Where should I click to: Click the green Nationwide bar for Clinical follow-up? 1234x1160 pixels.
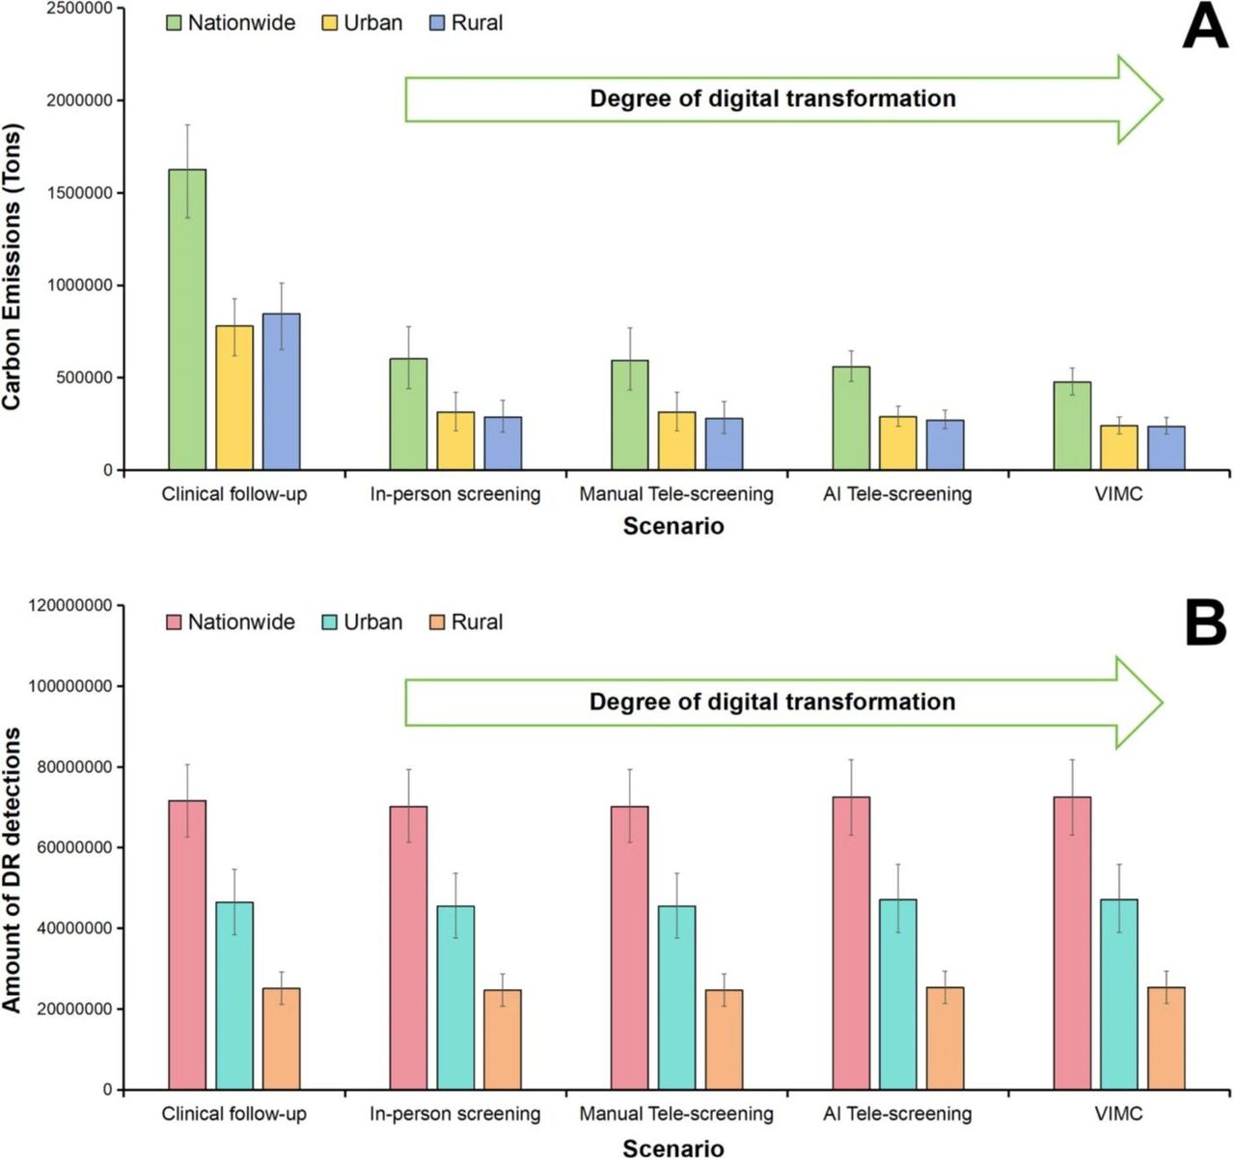[x=186, y=319]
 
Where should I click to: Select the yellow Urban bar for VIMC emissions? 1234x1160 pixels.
[x=1118, y=448]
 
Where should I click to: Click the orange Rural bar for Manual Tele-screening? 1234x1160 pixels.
[x=724, y=1039]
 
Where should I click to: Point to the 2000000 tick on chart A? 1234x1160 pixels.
[x=79, y=100]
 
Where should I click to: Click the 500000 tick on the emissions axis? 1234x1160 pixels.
[x=84, y=377]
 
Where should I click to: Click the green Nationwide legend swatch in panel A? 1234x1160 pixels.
[x=174, y=23]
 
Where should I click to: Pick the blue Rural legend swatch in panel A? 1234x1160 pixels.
[x=437, y=23]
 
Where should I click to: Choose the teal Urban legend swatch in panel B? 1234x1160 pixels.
[x=329, y=622]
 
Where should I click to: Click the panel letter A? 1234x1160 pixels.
[x=1204, y=27]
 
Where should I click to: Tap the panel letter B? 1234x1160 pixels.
[x=1205, y=624]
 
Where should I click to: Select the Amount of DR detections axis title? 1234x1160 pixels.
[x=12, y=870]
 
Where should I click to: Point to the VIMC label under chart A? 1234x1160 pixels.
[x=1118, y=494]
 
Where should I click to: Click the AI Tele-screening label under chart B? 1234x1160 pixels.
[x=897, y=1114]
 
